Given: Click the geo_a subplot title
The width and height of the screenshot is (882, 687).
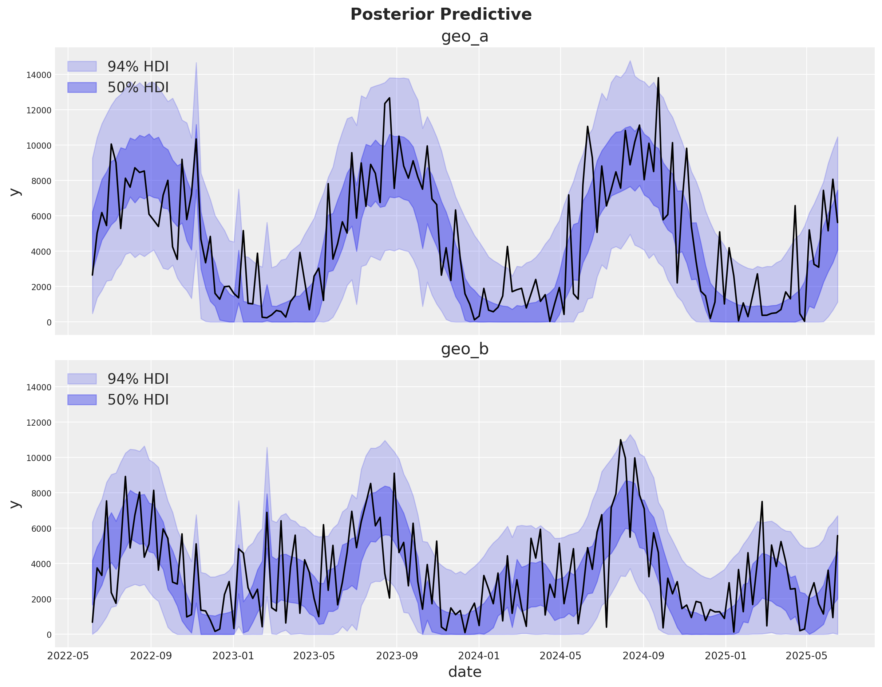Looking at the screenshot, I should point(464,36).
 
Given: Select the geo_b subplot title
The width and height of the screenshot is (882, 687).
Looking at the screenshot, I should point(464,349).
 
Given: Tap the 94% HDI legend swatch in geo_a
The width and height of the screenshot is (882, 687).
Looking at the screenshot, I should point(82,66).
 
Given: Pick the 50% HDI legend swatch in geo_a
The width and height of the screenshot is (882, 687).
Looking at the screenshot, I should point(82,87).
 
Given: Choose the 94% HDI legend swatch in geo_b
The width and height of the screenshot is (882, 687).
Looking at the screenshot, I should point(82,379).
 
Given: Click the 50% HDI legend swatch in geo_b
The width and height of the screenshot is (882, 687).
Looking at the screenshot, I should point(82,400).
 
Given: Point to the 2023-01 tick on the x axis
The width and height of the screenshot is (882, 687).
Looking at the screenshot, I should point(233,655).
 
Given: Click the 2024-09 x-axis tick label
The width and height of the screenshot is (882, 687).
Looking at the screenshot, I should point(643,655).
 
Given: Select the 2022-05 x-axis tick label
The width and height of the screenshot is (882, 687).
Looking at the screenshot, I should point(68,655).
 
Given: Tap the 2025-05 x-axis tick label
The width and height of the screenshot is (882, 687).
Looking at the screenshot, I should point(807,655).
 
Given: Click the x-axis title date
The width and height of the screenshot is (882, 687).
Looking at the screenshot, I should point(464,672).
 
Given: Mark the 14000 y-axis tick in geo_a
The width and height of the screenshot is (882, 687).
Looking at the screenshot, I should point(39,75).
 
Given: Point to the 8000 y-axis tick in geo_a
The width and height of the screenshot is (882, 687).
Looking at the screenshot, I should point(41,181).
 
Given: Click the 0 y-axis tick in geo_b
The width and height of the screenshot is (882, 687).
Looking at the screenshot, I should point(49,635).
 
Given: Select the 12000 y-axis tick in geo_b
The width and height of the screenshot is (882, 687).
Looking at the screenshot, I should point(39,422).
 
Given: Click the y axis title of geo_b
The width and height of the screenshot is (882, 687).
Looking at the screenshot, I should point(15,503).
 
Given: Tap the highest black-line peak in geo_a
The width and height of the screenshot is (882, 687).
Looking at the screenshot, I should point(658,78).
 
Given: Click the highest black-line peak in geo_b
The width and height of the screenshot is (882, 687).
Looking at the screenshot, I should point(621,440).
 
